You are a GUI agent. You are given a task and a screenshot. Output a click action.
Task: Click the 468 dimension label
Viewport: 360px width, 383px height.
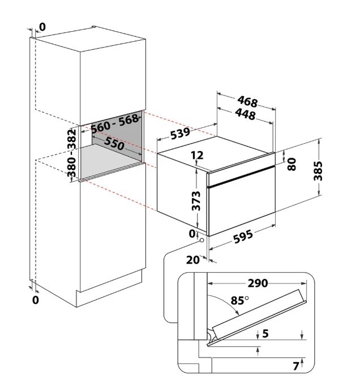247,101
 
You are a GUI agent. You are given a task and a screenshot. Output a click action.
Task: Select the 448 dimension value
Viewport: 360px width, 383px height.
245,114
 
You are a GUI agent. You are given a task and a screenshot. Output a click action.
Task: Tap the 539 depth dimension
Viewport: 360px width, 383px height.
180,133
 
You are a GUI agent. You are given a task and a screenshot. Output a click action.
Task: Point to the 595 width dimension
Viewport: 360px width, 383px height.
243,236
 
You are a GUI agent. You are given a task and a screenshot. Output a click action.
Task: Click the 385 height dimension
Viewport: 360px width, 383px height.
318,171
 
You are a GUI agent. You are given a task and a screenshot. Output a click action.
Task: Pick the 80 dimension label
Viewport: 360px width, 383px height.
292,164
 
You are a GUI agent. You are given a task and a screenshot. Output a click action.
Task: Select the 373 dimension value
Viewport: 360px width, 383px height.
196,201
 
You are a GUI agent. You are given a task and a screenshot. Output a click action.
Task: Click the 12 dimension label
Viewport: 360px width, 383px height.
197,155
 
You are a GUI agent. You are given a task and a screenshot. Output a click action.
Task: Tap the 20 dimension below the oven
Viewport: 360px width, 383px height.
193,260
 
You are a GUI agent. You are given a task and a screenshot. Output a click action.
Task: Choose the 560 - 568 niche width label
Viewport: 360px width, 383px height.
115,124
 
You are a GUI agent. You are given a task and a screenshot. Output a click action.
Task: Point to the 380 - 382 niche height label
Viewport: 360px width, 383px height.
72,153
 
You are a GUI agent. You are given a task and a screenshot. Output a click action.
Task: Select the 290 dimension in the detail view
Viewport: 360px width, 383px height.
258,283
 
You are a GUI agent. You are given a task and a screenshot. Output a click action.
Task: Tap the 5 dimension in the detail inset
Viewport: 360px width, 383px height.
265,333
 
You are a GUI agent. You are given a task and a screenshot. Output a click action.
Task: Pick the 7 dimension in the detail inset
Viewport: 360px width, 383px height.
296,366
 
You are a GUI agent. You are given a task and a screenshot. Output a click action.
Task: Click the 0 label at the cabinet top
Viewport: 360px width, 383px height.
42,27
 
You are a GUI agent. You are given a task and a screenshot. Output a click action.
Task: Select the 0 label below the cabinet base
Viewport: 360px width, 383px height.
36,300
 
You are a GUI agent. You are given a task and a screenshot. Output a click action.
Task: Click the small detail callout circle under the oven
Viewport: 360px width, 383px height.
202,240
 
